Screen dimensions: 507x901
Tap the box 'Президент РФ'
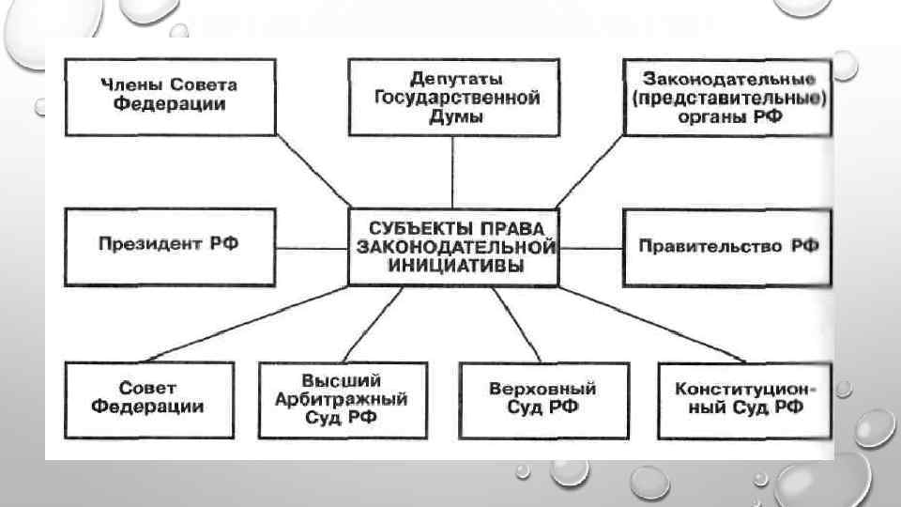[169, 246]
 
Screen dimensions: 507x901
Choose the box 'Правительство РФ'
[727, 247]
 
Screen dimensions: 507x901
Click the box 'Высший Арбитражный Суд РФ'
[341, 399]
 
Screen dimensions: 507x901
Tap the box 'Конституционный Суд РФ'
[744, 399]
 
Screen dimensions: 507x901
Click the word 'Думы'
[455, 116]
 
